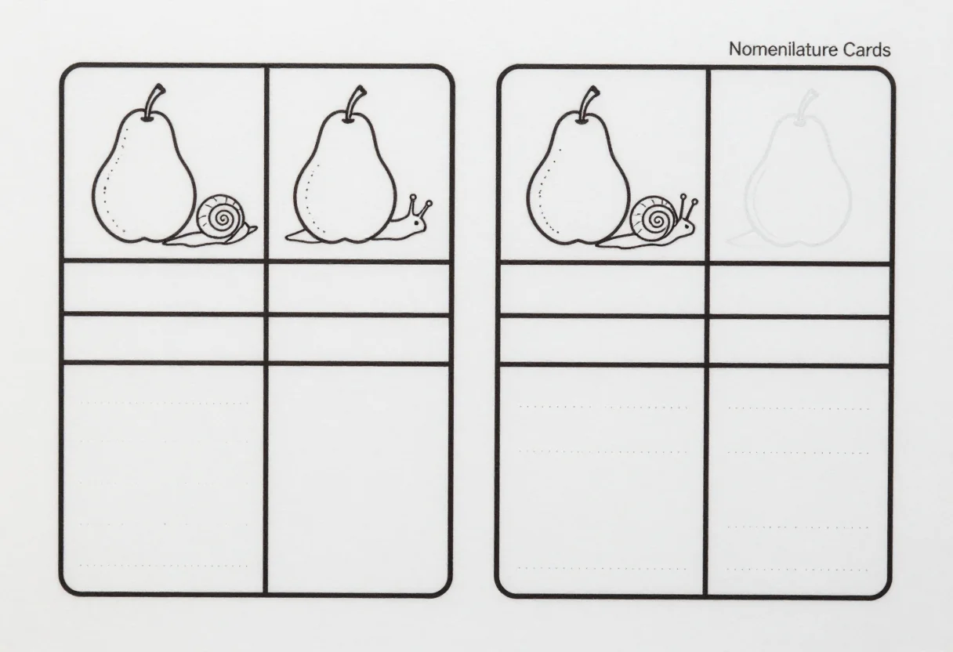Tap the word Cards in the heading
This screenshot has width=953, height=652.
pos(867,49)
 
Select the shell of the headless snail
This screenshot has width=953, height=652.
pos(221,218)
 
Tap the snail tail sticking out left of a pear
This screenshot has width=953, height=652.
pos(297,236)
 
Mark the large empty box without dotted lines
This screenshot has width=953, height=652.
pos(358,479)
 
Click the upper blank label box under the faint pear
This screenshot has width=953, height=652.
pos(799,291)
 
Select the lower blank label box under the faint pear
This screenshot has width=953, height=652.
pos(799,342)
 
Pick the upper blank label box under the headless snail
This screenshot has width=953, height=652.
pos(163,288)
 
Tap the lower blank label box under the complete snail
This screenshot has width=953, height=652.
pos(602,341)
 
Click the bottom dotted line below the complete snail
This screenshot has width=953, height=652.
pos(603,568)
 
